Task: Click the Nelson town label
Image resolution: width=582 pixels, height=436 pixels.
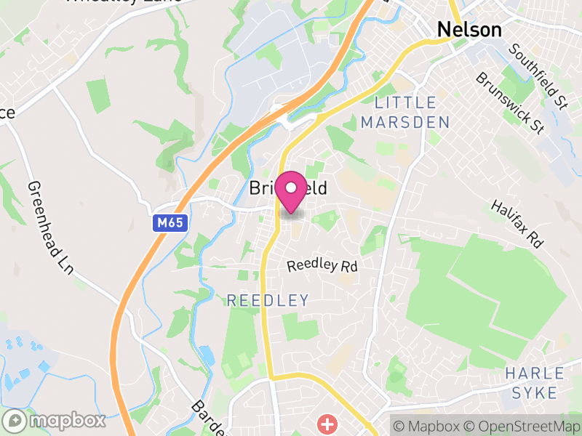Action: (469, 30)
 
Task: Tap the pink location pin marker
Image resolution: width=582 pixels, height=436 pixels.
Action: (292, 193)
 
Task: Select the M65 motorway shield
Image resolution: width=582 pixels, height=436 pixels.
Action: (172, 225)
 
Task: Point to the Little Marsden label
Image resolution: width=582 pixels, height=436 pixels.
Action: (405, 113)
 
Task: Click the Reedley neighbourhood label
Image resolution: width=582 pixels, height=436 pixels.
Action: (268, 300)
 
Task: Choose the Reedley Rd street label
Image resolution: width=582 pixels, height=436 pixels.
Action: (322, 265)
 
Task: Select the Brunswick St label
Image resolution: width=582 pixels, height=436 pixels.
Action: (510, 102)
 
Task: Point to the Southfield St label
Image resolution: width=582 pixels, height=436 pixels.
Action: (538, 75)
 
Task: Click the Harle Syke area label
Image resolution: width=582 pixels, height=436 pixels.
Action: (535, 383)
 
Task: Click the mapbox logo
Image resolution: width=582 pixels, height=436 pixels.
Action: (55, 421)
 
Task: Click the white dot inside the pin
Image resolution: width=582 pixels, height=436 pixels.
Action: (292, 187)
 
